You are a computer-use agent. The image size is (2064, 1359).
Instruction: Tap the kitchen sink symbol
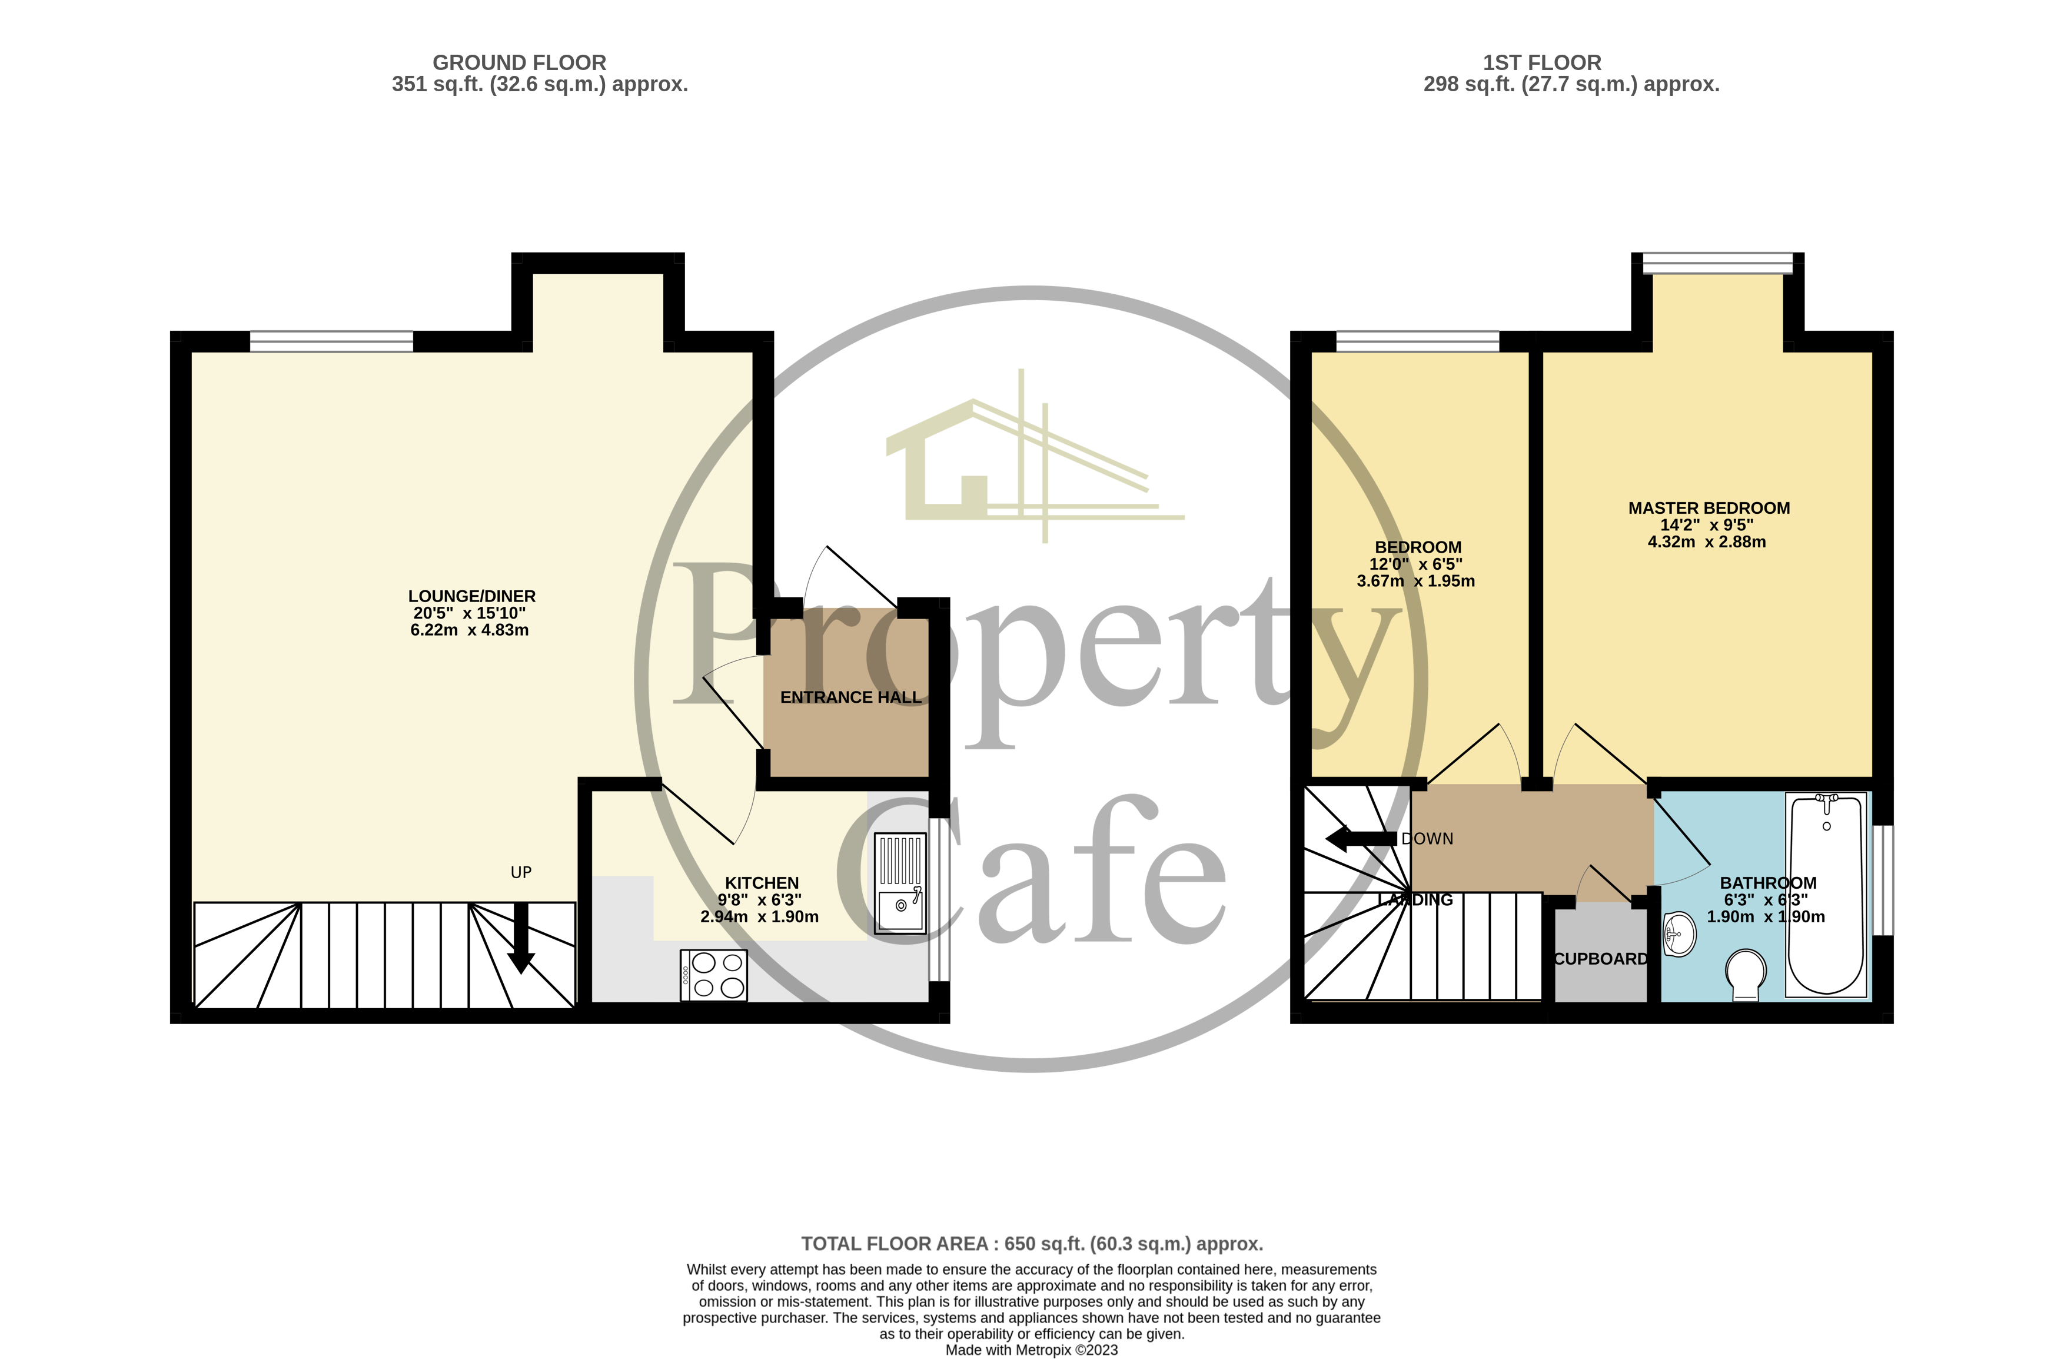pyautogui.click(x=900, y=882)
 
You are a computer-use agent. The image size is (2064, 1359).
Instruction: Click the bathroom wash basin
pyautogui.click(x=1679, y=934)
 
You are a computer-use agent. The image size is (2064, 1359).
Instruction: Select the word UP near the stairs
pyautogui.click(x=521, y=872)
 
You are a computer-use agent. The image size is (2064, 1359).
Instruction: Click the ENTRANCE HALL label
pyautogui.click(x=850, y=697)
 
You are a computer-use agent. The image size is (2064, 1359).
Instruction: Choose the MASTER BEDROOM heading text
pyautogui.click(x=1709, y=508)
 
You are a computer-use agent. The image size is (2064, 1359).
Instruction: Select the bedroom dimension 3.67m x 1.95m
pyautogui.click(x=1415, y=581)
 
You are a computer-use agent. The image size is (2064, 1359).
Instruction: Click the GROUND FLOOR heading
pyautogui.click(x=520, y=62)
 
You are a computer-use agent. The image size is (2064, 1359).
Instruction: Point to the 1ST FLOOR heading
pyautogui.click(x=1542, y=62)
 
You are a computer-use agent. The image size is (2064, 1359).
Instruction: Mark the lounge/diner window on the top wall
pyautogui.click(x=331, y=342)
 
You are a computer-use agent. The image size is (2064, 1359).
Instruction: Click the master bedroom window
pyautogui.click(x=1717, y=263)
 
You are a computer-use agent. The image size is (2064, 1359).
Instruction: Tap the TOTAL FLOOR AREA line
pyautogui.click(x=1031, y=1244)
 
